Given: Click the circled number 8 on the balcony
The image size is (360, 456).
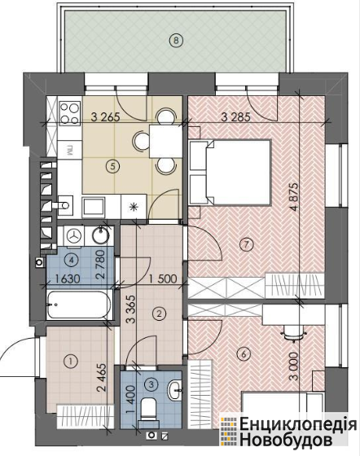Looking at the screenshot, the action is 176,40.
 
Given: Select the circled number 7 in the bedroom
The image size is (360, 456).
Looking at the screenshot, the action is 246,244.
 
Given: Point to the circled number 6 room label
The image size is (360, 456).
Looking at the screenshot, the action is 244,354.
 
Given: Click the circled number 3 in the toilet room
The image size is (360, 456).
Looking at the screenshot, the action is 151,384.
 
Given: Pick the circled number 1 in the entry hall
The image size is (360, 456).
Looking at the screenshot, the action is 70,362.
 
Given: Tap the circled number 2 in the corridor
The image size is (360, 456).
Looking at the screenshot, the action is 159,313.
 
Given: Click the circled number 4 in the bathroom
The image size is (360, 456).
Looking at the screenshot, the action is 72,261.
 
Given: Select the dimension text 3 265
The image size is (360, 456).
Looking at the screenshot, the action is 105,117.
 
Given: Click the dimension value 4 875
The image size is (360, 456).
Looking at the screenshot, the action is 294,197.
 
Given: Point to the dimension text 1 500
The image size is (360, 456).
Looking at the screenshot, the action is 163,278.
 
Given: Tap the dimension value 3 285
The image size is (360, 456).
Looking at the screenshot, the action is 235,117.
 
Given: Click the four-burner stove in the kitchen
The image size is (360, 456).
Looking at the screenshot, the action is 69,113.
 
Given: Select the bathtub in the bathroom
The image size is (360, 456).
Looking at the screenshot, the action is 79,305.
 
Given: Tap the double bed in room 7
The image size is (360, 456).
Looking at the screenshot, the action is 230,173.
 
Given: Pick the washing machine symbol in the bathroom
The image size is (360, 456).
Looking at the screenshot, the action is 75,236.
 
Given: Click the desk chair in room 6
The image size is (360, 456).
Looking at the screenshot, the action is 293,334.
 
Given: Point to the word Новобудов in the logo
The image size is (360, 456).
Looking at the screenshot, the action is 286,441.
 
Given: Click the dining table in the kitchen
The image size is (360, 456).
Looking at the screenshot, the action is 165,141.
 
